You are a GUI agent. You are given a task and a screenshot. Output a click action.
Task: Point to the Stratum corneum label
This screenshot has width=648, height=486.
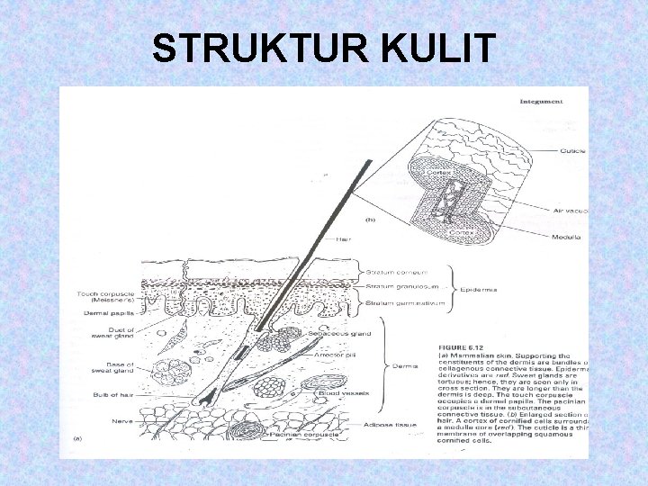pos(395,271)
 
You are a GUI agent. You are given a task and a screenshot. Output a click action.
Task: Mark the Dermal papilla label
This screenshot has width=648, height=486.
pos(109,313)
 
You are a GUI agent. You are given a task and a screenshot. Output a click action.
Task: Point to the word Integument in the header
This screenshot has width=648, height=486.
pos(541,101)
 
